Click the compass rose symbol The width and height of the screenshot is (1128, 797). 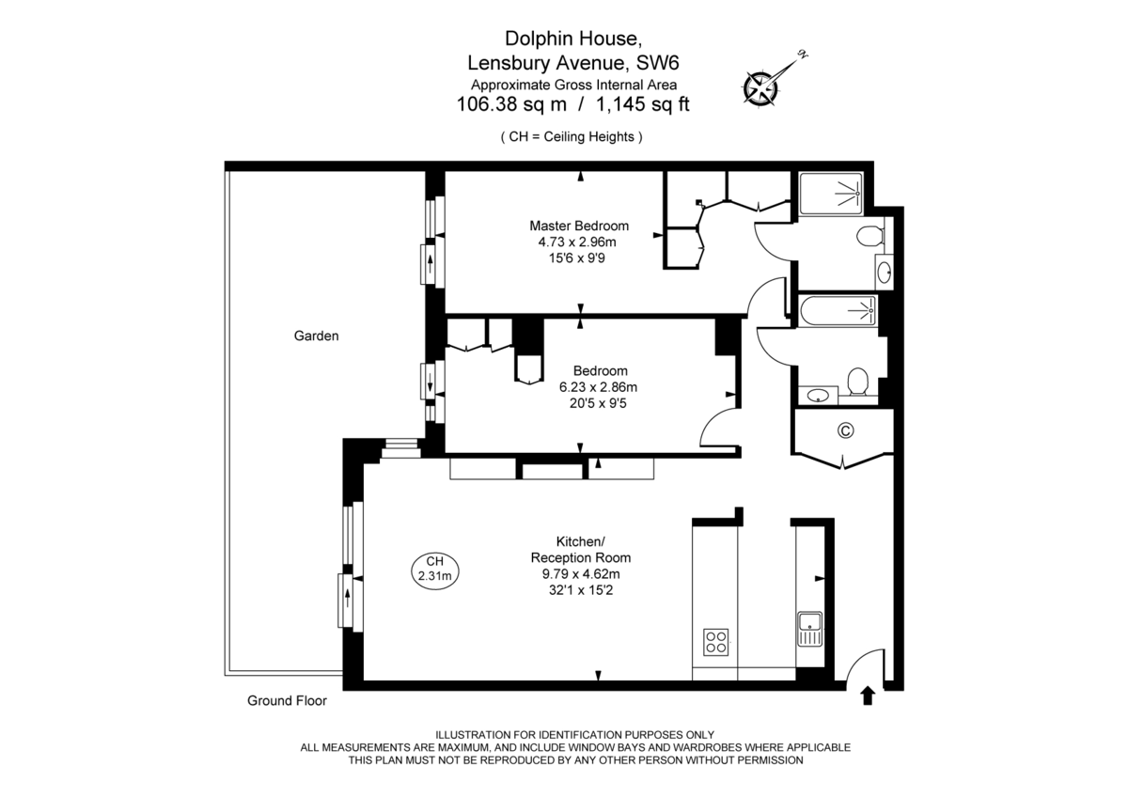(760, 89)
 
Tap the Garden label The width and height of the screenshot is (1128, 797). (316, 336)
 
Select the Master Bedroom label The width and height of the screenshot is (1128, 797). (579, 226)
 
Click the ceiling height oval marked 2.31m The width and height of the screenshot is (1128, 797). (435, 570)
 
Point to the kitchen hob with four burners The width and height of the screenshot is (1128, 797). (715, 642)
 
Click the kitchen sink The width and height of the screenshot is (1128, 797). (809, 629)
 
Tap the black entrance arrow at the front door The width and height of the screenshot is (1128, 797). (867, 696)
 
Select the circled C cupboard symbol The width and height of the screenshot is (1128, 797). (845, 430)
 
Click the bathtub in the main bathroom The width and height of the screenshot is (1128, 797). (838, 311)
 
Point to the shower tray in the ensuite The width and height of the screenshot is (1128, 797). (831, 194)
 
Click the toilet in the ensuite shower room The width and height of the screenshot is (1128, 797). (871, 236)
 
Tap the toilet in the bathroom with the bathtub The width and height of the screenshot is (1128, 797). (857, 383)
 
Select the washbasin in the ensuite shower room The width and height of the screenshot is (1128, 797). (884, 272)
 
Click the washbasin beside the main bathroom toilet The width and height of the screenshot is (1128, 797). (818, 396)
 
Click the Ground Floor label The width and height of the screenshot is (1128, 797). (287, 700)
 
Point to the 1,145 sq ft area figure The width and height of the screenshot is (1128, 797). (643, 104)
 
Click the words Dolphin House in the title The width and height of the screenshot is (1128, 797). (573, 39)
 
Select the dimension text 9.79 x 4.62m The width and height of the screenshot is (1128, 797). (581, 574)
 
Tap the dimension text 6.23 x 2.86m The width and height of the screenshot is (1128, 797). (598, 387)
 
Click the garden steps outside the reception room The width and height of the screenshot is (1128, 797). (401, 448)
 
